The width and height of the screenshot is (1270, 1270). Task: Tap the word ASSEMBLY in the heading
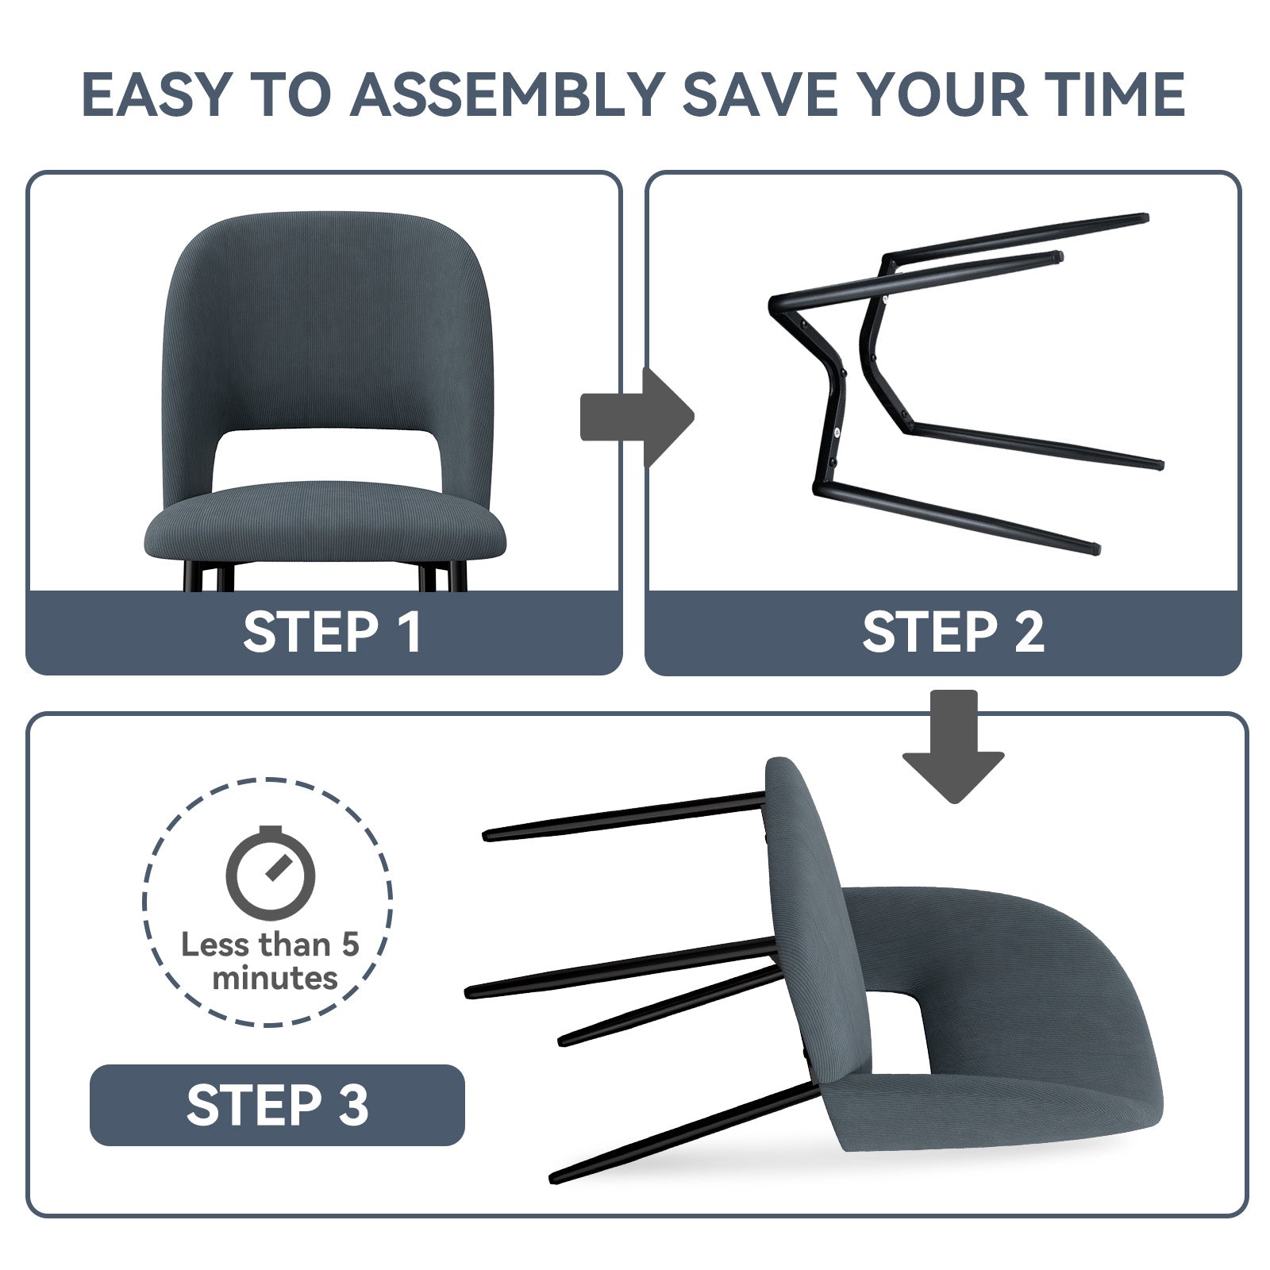(x=506, y=94)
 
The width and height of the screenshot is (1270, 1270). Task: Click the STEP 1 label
(x=332, y=633)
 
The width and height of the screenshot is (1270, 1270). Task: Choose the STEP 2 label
(x=952, y=633)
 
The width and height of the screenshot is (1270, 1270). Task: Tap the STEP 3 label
(x=277, y=1104)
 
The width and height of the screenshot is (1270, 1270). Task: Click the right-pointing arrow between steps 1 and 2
(x=637, y=417)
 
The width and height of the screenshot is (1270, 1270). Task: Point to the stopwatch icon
(x=271, y=872)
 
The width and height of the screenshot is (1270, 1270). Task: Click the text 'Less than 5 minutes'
(x=271, y=961)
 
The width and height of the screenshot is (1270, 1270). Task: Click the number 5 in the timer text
(x=351, y=945)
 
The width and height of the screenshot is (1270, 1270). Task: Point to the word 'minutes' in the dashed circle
(x=275, y=978)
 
